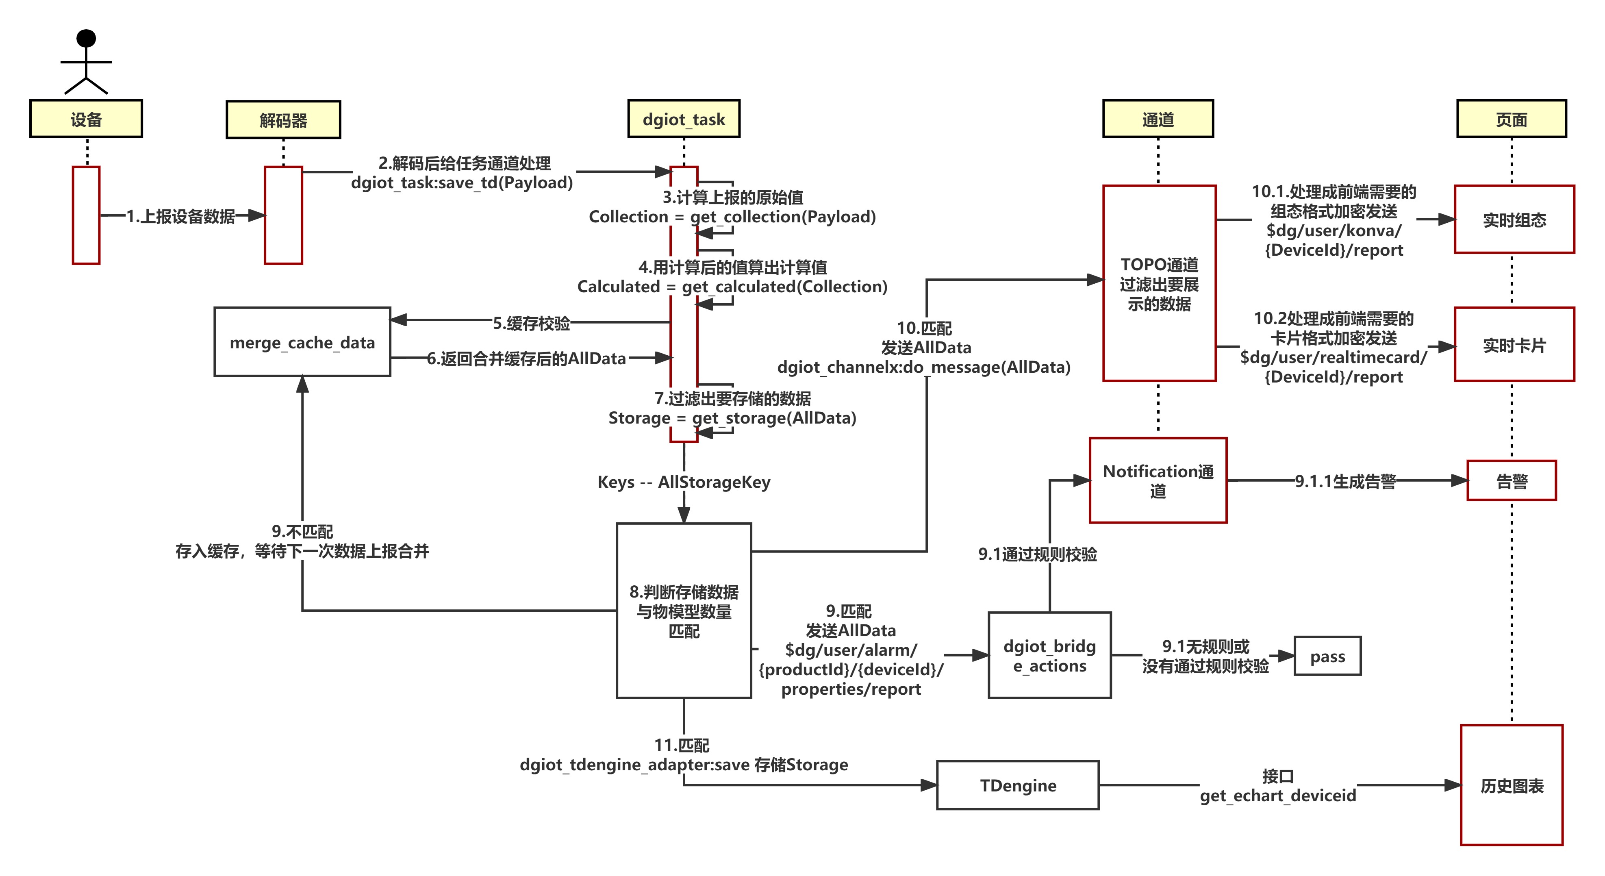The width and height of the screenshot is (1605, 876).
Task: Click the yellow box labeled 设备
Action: point(86,119)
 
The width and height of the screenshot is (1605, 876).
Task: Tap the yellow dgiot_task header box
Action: point(684,119)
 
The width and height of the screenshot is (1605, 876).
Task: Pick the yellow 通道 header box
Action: point(1158,119)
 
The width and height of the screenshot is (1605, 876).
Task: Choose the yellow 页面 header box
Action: point(1511,119)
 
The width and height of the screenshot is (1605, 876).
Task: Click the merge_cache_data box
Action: point(302,342)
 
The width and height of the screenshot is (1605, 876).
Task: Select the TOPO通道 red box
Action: point(1159,283)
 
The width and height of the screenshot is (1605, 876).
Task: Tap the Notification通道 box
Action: point(1158,480)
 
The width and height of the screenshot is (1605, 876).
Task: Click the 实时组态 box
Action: point(1514,220)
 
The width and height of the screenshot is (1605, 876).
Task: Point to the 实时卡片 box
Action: point(1514,345)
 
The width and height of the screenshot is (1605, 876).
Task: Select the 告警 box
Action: point(1512,480)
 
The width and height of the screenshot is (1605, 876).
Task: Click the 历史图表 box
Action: point(1512,785)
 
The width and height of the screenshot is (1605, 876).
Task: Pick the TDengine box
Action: point(1017,785)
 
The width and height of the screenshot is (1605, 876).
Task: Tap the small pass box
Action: point(1327,656)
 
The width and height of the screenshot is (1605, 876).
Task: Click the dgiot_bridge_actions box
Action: point(1049,655)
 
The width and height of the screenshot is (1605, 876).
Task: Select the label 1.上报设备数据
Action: point(181,216)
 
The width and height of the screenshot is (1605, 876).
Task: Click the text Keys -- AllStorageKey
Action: point(684,482)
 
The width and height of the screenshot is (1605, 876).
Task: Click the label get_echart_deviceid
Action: point(1277,795)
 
